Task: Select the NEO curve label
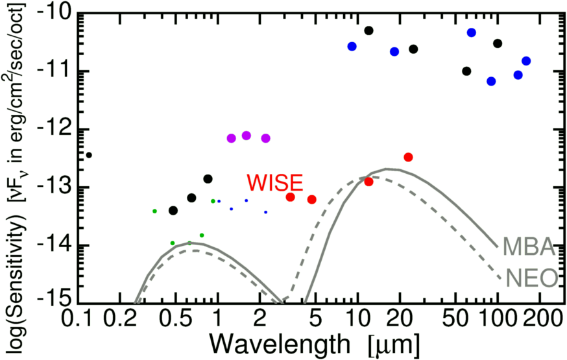[533, 279]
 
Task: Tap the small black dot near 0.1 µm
[89, 155]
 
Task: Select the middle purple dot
[247, 136]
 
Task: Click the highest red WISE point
[408, 157]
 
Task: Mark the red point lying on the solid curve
[368, 182]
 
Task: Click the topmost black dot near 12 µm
[368, 30]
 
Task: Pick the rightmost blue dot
[526, 61]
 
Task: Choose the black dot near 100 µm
[498, 43]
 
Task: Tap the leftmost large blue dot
[352, 46]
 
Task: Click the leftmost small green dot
[154, 211]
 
